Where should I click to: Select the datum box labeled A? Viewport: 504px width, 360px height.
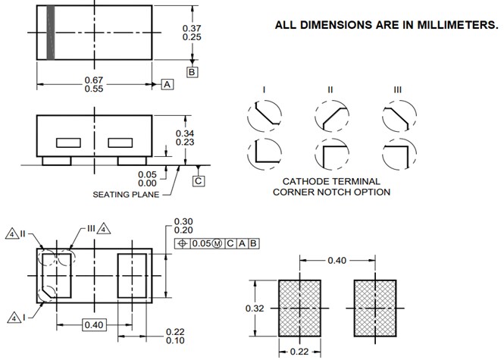[x=167, y=84]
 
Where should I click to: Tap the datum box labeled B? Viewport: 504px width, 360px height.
[x=193, y=72]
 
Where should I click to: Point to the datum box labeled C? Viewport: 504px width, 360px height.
[x=199, y=180]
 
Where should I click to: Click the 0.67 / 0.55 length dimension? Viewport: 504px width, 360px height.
[x=94, y=84]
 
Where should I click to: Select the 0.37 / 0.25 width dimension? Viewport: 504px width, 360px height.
[x=192, y=33]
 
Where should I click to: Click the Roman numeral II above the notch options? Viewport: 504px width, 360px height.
[x=330, y=90]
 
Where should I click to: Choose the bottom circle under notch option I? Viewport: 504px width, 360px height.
[x=263, y=155]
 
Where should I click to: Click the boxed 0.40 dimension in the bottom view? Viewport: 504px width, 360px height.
[x=95, y=325]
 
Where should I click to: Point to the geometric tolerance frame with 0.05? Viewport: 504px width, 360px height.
[x=217, y=243]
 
